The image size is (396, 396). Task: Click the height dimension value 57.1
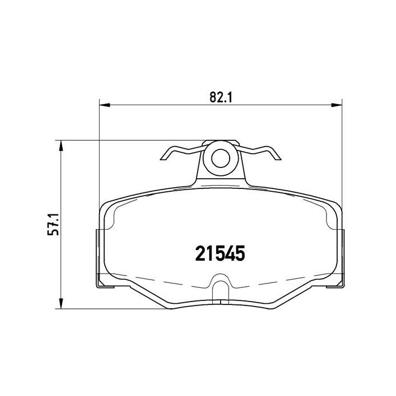[54, 225]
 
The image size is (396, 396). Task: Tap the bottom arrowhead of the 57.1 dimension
[62, 305]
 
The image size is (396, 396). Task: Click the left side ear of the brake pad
[98, 255]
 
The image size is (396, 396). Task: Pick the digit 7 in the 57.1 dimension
[54, 225]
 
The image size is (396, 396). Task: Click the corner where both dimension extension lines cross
[100, 140]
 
